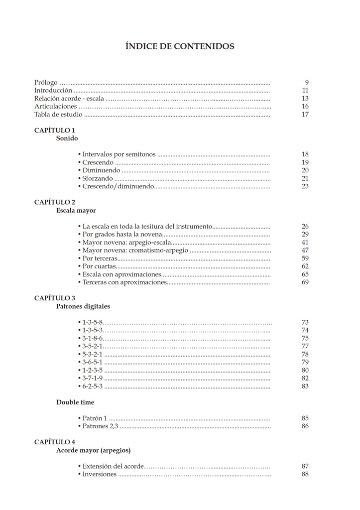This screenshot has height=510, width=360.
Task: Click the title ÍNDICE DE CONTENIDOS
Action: (180, 47)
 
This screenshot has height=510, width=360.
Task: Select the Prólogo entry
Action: (46, 83)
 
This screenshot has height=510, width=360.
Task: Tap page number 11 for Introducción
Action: (305, 91)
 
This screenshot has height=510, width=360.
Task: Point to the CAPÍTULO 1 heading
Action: (55, 130)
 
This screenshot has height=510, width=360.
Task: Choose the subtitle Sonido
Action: (67, 138)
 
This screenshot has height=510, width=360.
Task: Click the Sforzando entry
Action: (98, 178)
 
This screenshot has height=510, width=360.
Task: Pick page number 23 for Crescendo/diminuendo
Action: (305, 186)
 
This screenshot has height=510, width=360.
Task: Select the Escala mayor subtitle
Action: (76, 211)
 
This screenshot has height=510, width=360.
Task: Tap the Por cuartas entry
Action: (99, 266)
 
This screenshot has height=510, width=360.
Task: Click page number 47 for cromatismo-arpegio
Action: (305, 251)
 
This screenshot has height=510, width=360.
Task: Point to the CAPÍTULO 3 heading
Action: (55, 298)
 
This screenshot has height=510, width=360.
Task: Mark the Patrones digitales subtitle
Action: (83, 306)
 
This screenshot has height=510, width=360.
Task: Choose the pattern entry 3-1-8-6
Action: (93, 338)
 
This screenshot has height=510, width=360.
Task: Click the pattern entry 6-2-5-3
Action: (93, 386)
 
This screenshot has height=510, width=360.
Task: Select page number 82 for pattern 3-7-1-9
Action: (305, 379)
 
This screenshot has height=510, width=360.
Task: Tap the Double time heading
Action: (75, 402)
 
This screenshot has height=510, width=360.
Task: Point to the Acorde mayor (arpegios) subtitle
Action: (94, 450)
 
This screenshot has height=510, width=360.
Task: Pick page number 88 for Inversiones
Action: (305, 474)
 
